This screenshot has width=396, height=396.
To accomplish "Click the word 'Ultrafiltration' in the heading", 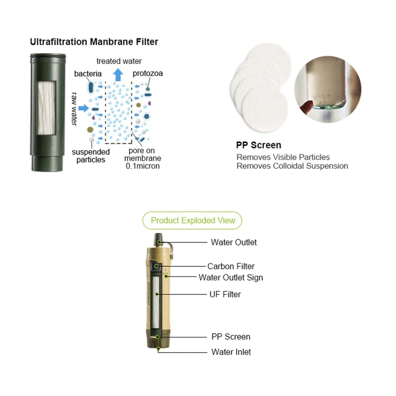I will tap(55, 42).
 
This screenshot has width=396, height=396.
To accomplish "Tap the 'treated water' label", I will tap(119, 61).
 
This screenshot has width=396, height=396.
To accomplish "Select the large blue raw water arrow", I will tap(84, 108).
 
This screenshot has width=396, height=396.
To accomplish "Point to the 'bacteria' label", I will tap(88, 74).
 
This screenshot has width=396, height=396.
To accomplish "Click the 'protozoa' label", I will tap(148, 73).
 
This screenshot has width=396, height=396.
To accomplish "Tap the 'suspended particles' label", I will tap(91, 156).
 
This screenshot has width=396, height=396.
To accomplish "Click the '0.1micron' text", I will tap(143, 166).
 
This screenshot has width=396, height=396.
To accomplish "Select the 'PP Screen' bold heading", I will tap(259, 145).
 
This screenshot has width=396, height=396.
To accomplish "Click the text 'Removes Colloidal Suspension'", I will tap(292, 166).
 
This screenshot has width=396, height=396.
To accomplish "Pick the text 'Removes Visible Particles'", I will tap(283, 157).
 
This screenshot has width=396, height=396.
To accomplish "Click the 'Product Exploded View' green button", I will tap(193, 221).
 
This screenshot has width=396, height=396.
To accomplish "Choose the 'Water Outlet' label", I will tap(234, 242).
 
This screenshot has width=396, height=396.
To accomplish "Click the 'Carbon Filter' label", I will tap(231, 266).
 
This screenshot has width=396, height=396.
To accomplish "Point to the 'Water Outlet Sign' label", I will tap(231, 278).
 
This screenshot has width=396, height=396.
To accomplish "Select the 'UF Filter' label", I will tap(225, 294).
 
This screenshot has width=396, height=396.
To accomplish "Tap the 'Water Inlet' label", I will tap(231, 352).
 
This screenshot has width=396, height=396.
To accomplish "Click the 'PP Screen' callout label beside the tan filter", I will tap(231, 337).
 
